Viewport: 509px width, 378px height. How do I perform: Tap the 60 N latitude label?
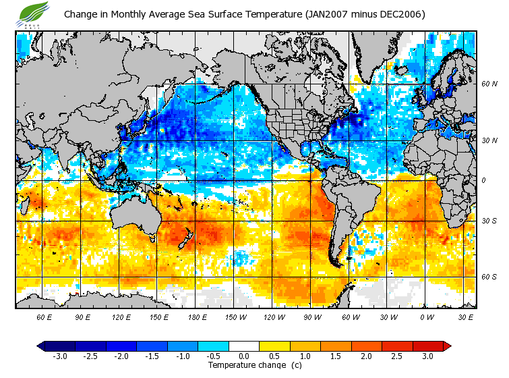(x=489, y=84)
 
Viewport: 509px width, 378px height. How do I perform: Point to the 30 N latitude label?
(x=489, y=141)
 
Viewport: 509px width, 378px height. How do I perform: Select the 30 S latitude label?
(x=489, y=221)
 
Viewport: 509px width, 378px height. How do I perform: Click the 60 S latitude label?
(x=489, y=277)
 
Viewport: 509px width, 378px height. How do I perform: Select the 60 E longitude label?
(x=44, y=317)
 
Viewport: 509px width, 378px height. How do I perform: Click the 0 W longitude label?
(x=426, y=317)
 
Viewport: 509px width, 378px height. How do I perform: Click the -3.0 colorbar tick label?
(x=60, y=356)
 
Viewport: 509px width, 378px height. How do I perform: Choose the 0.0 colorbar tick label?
(x=245, y=356)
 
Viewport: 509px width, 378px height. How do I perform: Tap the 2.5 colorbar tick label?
(x=402, y=356)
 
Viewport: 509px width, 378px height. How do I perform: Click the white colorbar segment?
(x=244, y=346)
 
